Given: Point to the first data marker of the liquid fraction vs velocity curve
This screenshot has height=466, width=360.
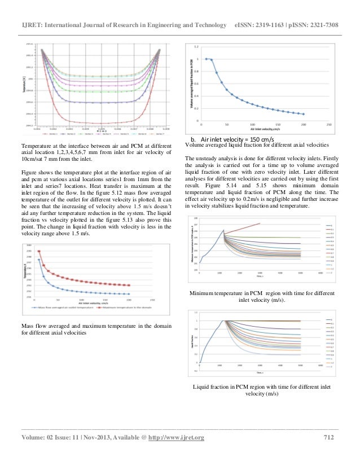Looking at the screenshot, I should tap(206, 59).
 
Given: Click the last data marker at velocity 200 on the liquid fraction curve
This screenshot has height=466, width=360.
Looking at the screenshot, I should tap(304, 113).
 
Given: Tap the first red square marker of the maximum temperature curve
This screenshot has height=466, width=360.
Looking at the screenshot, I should tap(39, 252).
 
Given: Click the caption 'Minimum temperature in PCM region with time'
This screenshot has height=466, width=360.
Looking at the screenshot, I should tap(262, 294).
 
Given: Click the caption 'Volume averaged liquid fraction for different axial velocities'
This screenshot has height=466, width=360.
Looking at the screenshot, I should tap(262, 146).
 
